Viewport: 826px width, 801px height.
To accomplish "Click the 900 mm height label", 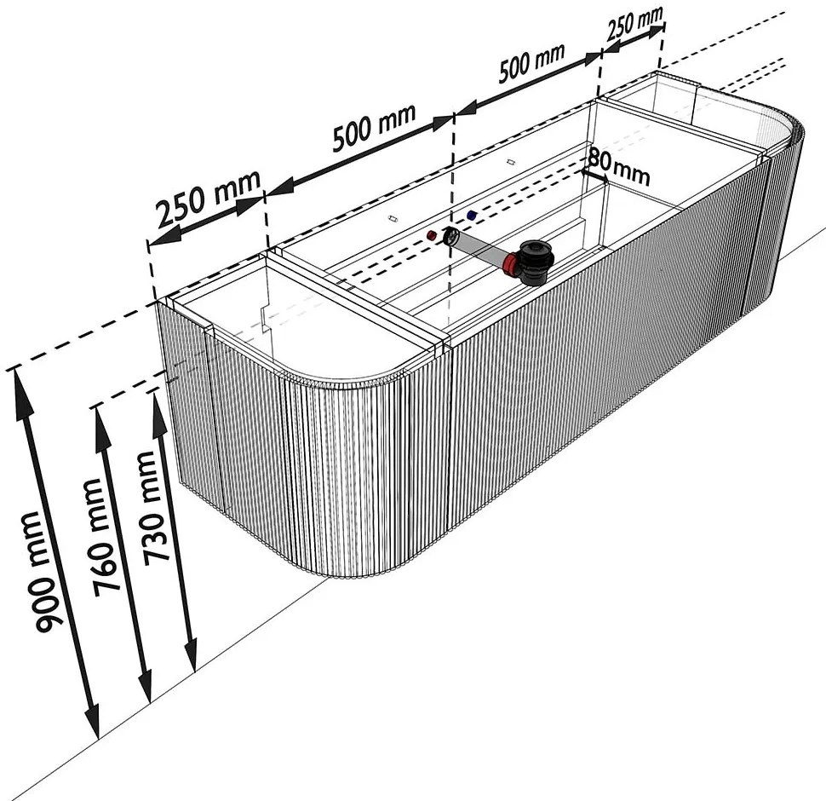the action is [44, 571].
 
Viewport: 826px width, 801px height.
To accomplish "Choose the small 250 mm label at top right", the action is [634, 24].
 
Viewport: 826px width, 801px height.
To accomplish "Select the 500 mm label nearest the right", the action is [531, 62].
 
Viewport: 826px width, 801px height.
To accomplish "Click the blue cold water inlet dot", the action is [472, 215].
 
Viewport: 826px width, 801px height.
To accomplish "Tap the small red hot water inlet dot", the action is [432, 234].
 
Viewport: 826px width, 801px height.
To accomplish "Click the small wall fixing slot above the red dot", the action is [392, 217].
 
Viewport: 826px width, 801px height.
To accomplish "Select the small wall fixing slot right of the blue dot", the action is [509, 161].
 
